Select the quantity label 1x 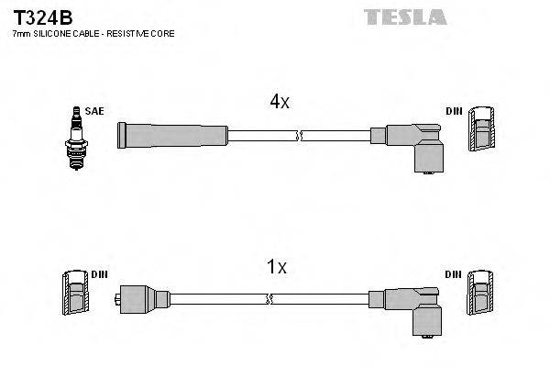[x=276, y=268]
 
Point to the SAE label [x=94, y=111]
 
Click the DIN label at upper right [x=454, y=111]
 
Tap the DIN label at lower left [x=99, y=273]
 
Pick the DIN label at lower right [x=454, y=273]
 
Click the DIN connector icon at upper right [x=482, y=133]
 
